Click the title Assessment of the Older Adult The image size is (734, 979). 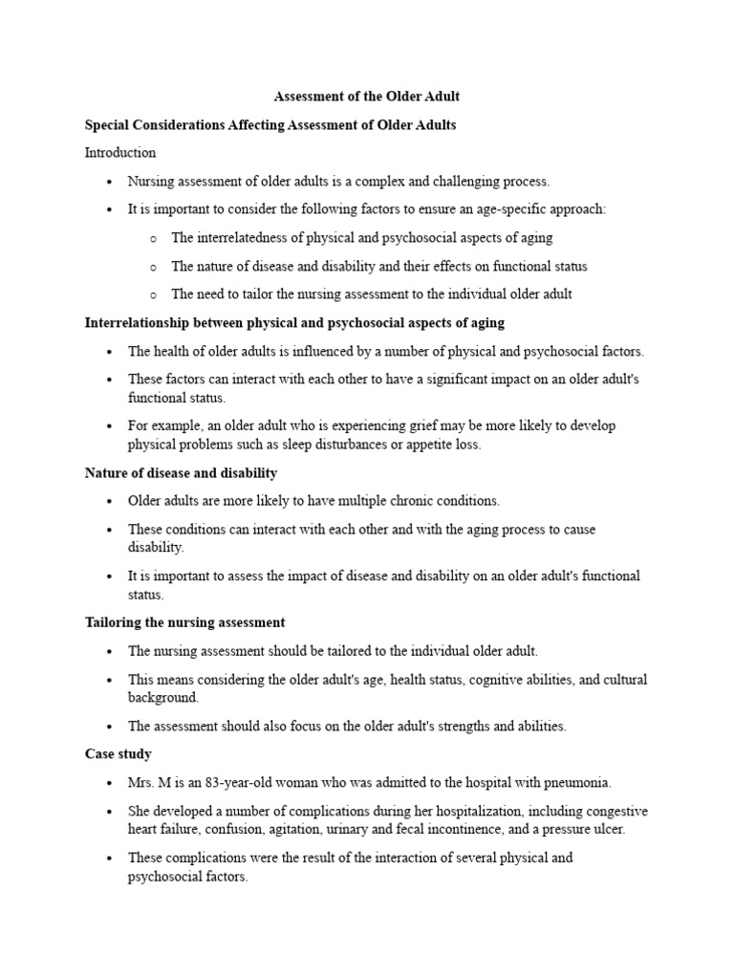click(x=367, y=97)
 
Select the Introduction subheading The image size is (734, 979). click(x=120, y=153)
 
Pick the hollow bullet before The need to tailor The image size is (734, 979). click(x=153, y=295)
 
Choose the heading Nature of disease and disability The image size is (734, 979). click(x=182, y=472)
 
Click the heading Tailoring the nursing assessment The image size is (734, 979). click(x=185, y=622)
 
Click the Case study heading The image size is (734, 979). click(x=119, y=754)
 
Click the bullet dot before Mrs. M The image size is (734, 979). click(x=111, y=783)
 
